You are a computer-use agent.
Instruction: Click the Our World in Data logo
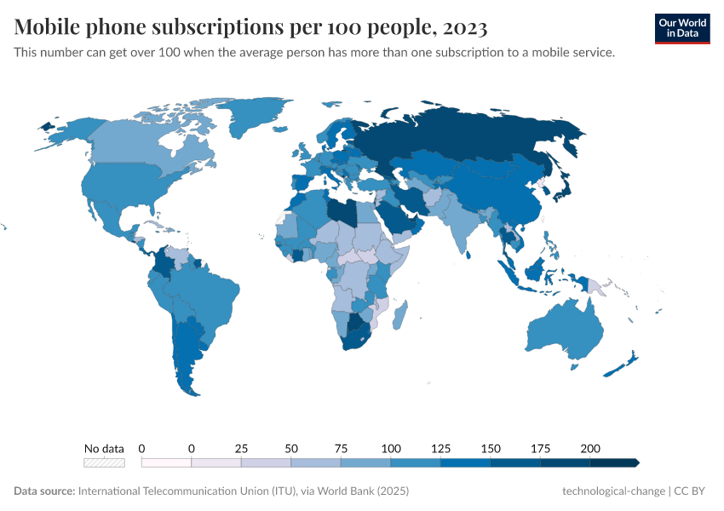click(681, 28)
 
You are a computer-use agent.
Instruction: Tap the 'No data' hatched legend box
click(104, 462)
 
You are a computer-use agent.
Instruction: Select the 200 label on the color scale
click(589, 449)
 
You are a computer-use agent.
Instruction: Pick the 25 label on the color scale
click(241, 449)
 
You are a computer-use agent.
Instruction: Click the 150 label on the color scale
click(491, 449)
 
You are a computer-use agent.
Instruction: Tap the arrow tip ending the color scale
click(636, 462)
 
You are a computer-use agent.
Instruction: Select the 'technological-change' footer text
click(614, 491)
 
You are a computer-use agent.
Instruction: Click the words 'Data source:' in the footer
click(44, 491)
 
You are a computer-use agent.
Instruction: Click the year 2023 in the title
click(465, 27)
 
